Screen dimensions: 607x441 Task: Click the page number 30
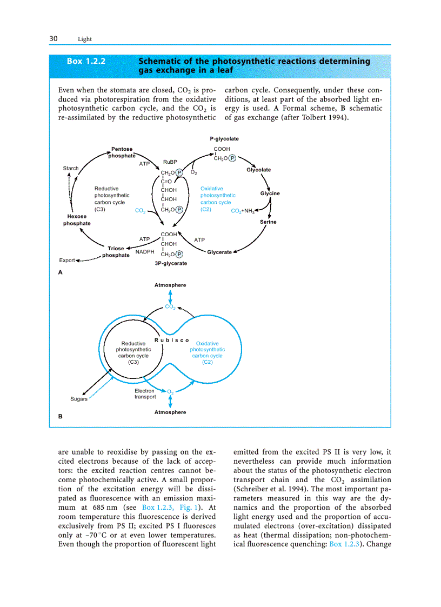(x=54, y=38)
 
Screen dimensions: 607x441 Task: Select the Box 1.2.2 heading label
(x=86, y=61)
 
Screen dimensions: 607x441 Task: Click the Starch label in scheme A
(x=71, y=169)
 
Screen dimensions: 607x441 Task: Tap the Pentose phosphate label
(x=122, y=152)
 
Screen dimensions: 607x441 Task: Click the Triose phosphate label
(x=116, y=252)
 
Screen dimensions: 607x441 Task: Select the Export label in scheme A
(x=67, y=261)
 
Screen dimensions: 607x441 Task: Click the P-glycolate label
(x=224, y=139)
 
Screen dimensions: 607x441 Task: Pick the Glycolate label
(x=259, y=170)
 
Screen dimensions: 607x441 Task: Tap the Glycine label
(x=270, y=194)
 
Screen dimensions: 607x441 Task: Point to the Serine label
(x=268, y=222)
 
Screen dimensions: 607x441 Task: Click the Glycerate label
(x=219, y=252)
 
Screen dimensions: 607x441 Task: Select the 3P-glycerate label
(x=171, y=264)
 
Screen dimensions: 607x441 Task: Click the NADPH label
(x=145, y=252)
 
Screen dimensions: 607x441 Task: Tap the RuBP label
(x=170, y=162)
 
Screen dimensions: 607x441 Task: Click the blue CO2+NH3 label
(x=243, y=211)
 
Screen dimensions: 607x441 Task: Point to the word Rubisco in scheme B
(x=172, y=340)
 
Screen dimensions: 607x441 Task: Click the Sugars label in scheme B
(x=79, y=399)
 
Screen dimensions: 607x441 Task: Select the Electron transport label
(x=145, y=393)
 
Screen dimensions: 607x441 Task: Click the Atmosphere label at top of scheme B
(x=170, y=285)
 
